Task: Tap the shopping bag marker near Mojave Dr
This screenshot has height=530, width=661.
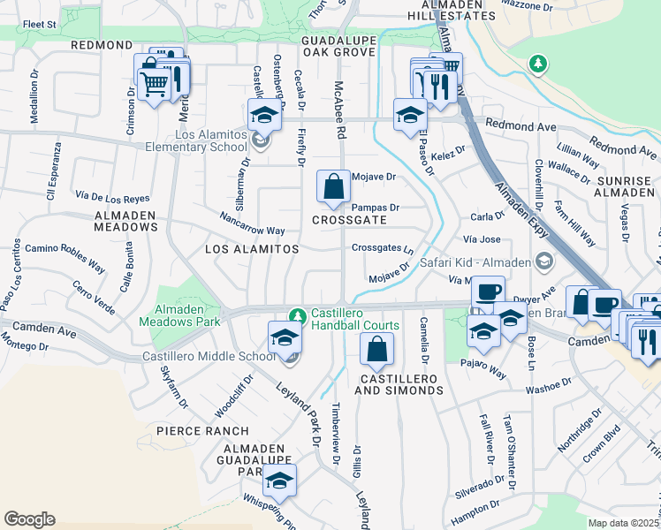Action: (x=333, y=187)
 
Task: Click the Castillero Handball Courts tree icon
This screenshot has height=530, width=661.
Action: (x=299, y=315)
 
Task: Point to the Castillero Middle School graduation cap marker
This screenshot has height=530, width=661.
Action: (x=285, y=337)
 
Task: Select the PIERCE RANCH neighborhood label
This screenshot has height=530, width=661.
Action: (x=194, y=431)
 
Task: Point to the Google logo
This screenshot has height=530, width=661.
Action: (x=29, y=519)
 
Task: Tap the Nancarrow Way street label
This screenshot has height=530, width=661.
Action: (x=252, y=223)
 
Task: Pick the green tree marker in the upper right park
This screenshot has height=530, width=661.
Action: (x=537, y=64)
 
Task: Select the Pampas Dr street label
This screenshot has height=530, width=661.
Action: (x=377, y=208)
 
